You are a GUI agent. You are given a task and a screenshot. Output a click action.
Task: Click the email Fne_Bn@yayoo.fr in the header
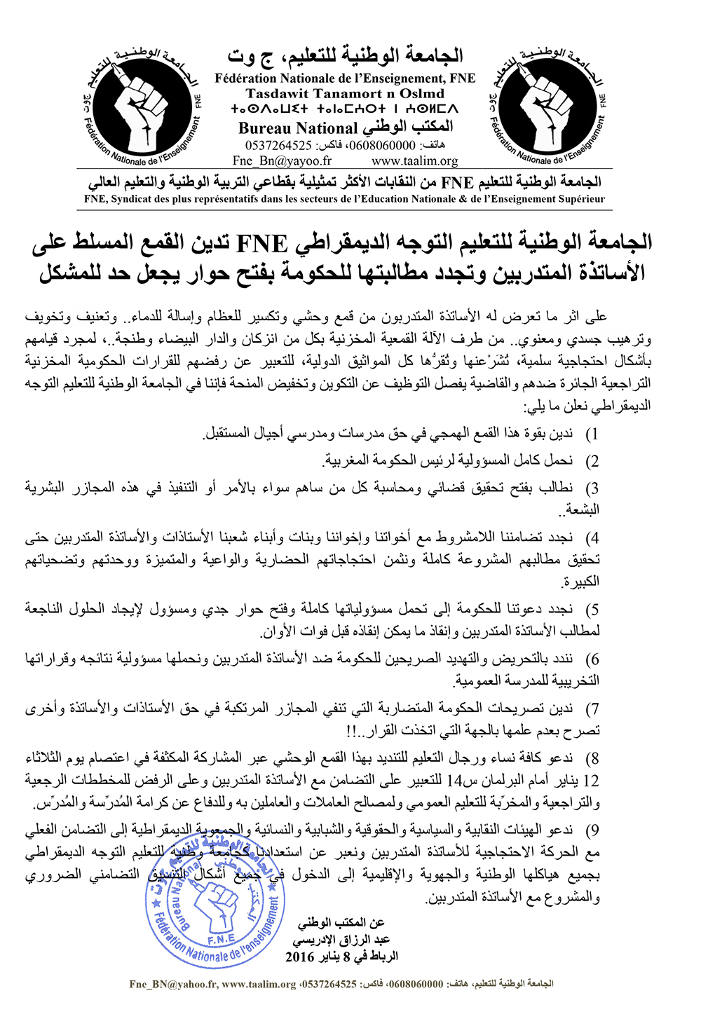(x=282, y=160)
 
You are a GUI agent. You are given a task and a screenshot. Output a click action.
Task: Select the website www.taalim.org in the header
(x=415, y=160)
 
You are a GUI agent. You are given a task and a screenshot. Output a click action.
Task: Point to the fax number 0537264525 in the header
(x=278, y=145)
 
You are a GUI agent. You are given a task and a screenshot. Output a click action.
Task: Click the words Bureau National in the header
(x=298, y=128)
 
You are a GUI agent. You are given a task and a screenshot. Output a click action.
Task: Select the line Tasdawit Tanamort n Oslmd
(x=345, y=93)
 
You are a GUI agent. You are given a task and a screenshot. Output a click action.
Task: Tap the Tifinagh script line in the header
(x=345, y=109)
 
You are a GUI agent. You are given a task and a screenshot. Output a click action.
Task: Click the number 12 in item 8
(x=592, y=781)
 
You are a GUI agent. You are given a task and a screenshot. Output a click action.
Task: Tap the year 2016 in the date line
(x=300, y=957)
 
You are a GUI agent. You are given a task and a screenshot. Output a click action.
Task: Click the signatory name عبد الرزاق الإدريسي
(x=341, y=940)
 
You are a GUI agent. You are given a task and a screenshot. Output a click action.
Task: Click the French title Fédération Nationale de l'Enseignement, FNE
(x=345, y=78)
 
